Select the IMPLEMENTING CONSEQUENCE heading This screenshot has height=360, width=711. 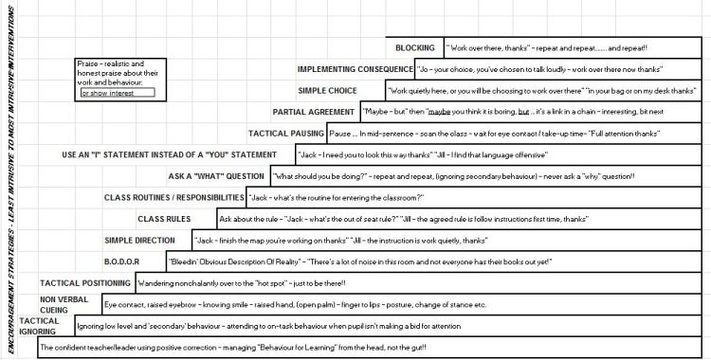(354, 69)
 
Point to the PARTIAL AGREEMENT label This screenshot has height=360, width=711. (313, 112)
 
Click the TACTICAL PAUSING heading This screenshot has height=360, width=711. (286, 134)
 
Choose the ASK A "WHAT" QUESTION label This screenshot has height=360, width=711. (216, 176)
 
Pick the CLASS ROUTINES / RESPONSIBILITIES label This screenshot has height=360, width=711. (173, 197)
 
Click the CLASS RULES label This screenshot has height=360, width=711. (164, 219)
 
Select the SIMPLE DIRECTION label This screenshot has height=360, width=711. (139, 241)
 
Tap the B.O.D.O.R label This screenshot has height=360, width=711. (121, 261)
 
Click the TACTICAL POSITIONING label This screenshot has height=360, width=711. (84, 283)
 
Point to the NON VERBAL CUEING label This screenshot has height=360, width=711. (64, 304)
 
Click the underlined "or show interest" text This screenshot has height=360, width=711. (107, 94)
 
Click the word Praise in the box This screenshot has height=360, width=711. (90, 63)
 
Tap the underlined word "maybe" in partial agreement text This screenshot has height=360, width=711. (438, 112)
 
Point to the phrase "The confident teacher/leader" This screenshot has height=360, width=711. (84, 348)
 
